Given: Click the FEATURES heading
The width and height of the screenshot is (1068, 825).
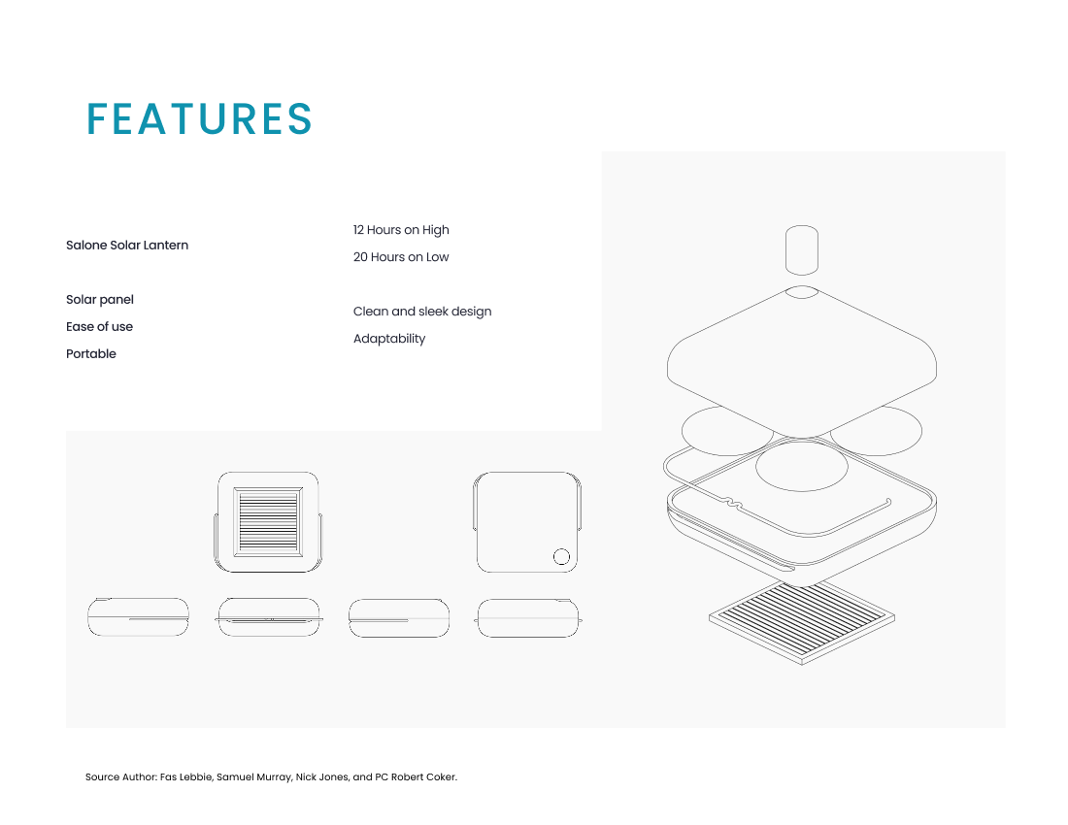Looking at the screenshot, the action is tap(199, 119).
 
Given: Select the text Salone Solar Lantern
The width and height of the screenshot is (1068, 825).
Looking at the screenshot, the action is tap(127, 245).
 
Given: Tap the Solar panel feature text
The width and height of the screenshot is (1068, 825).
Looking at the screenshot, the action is tap(99, 300).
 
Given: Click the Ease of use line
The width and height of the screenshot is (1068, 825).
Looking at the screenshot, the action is tap(99, 327).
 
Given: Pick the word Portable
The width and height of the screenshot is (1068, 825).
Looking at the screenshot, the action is tap(91, 354).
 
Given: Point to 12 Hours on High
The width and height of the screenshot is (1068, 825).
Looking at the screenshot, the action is tap(401, 230).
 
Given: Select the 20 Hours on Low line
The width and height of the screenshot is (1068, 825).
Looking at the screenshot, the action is tap(401, 257).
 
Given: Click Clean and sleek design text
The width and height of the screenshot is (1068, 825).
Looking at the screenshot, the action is tap(422, 312).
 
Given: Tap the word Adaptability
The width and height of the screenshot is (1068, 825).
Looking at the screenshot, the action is tap(389, 339).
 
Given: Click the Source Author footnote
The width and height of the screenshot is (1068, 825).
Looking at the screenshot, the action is tap(271, 776).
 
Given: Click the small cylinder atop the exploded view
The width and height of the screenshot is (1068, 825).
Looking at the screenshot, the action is tap(802, 249).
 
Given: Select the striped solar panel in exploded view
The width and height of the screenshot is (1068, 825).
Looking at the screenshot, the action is tap(802, 621).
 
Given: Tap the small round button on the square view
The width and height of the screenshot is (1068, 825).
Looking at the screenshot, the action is tap(561, 557).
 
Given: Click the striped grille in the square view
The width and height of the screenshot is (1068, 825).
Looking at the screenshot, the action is tap(268, 522).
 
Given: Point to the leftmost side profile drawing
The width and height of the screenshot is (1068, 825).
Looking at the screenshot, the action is tap(138, 617).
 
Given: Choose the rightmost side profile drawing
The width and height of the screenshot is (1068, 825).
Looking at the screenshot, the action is tap(528, 618).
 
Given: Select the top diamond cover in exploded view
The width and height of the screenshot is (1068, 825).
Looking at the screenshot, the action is tap(802, 361).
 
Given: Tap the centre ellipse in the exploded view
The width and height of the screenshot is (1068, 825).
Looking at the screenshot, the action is tap(802, 466).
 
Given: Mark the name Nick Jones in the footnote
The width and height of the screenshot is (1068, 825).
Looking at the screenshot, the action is tap(322, 776).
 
